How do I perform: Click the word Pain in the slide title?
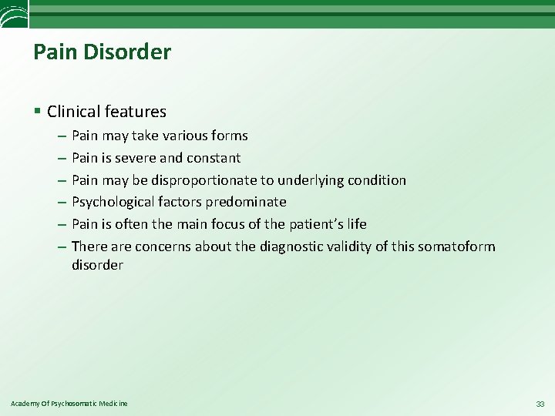[52, 52]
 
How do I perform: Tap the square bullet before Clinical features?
[38, 112]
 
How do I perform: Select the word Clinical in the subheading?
[73, 112]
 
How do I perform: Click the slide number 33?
[539, 404]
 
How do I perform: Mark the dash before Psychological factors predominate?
[61, 202]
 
